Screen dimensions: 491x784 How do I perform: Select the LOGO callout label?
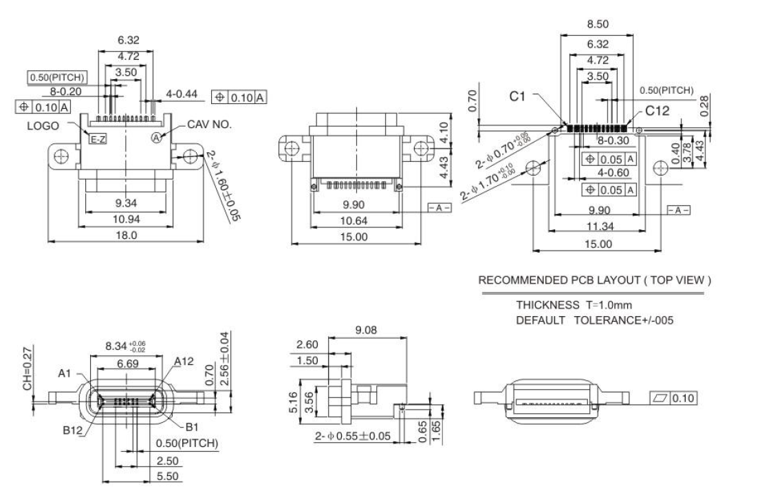(x=43, y=126)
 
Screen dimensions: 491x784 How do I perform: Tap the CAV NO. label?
(x=210, y=125)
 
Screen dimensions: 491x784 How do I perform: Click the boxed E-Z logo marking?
(x=98, y=139)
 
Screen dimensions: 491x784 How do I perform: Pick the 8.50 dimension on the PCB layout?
(x=597, y=25)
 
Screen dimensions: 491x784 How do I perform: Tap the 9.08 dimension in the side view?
(x=366, y=330)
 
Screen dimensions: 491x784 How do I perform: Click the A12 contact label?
(x=185, y=361)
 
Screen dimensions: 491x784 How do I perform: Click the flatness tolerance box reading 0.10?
(x=675, y=398)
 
